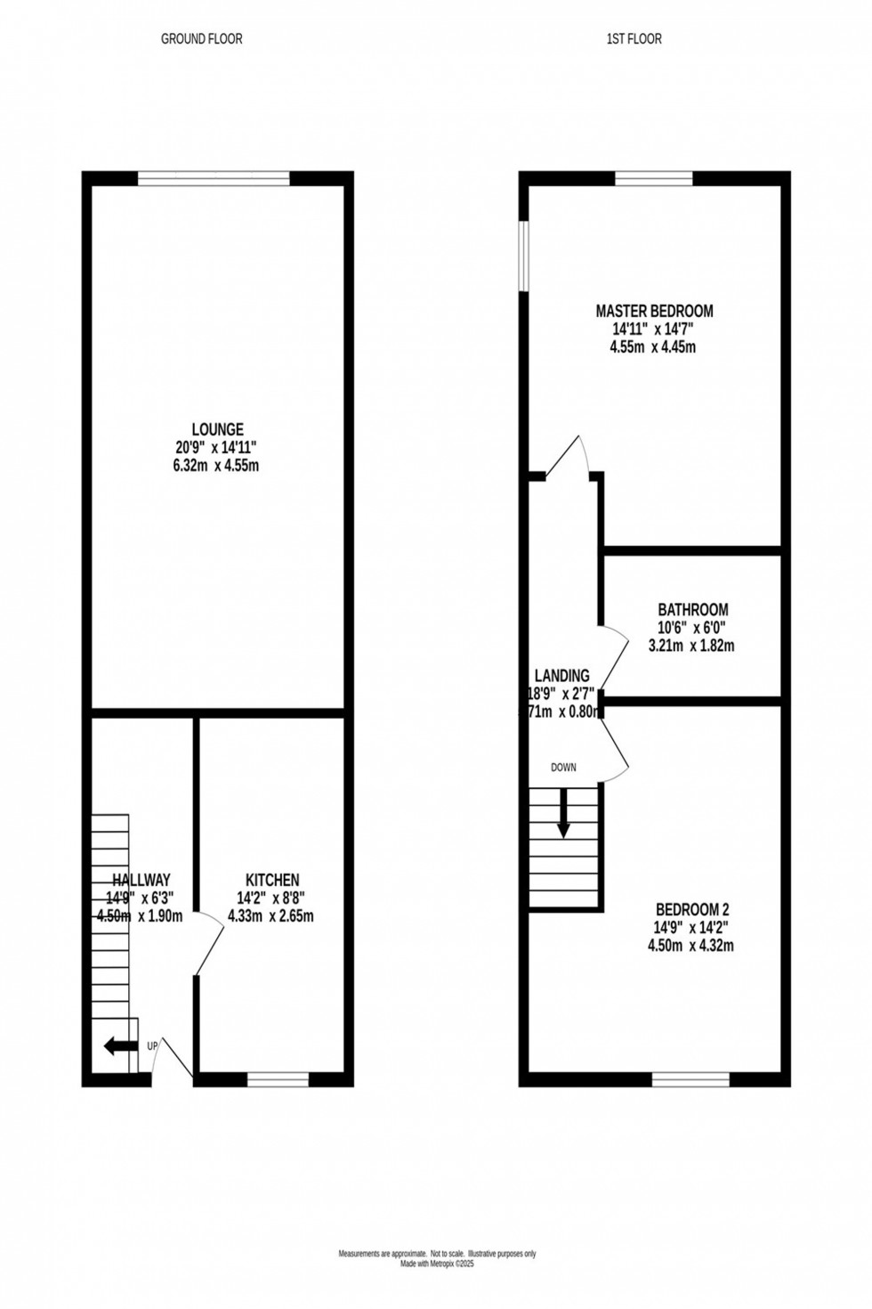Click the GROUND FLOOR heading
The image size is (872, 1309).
[201, 39]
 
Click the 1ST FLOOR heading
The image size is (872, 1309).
[634, 39]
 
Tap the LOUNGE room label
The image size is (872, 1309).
[216, 430]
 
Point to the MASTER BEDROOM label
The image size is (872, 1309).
[654, 311]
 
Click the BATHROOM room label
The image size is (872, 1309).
[692, 610]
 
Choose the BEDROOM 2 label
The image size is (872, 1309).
[691, 909]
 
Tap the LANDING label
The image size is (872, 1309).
[561, 676]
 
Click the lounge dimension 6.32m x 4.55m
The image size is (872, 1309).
[216, 466]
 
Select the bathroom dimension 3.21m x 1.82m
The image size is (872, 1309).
[692, 646]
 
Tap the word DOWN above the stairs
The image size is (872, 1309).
[563, 768]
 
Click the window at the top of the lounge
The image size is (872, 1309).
[214, 178]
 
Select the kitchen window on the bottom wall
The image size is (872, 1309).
[278, 1080]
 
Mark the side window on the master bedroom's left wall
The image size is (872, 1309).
[525, 256]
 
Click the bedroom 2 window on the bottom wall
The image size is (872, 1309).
[690, 1080]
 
